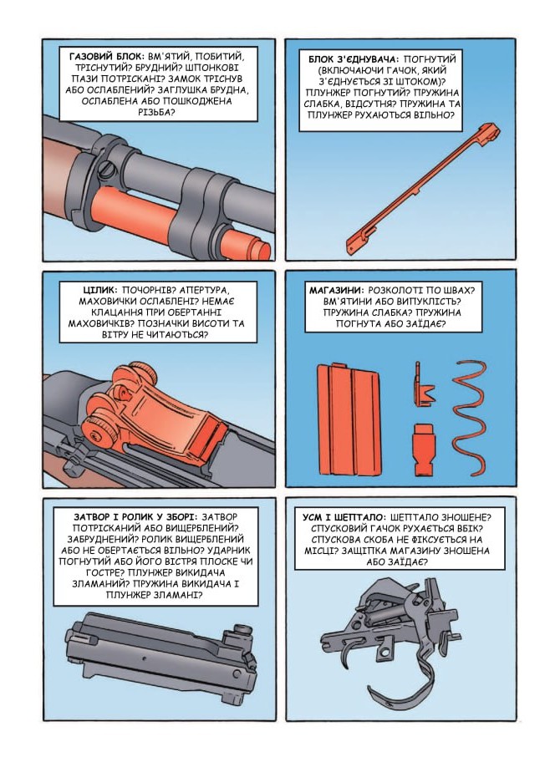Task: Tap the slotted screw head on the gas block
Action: coord(108,170)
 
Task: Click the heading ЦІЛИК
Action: coord(100,290)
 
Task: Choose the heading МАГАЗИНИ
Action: coord(336,291)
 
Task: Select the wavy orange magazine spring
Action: coord(469,418)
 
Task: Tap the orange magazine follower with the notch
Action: coord(423,384)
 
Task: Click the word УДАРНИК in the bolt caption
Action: coord(228,550)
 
